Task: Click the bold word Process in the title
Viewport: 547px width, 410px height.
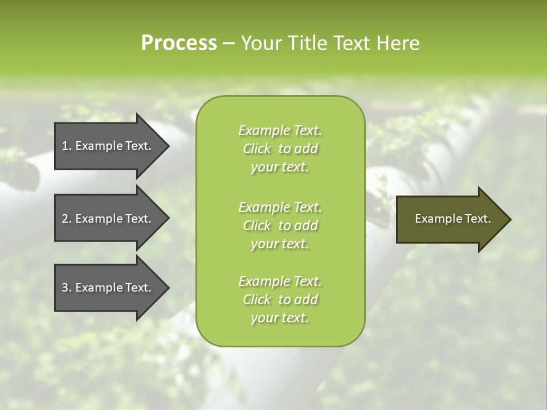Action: pyautogui.click(x=179, y=43)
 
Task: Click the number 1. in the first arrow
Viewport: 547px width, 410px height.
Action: pyautogui.click(x=67, y=146)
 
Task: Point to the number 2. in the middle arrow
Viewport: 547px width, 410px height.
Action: pyautogui.click(x=67, y=219)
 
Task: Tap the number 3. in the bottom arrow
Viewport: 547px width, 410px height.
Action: pyautogui.click(x=67, y=288)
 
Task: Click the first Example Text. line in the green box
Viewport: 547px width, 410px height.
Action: pyautogui.click(x=280, y=130)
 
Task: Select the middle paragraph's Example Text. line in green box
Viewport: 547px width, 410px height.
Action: pyautogui.click(x=280, y=207)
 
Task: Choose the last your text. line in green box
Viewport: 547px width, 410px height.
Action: pyautogui.click(x=280, y=318)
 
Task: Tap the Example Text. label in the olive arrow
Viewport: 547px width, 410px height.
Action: pyautogui.click(x=453, y=219)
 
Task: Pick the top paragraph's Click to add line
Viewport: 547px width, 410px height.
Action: pyautogui.click(x=280, y=149)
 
